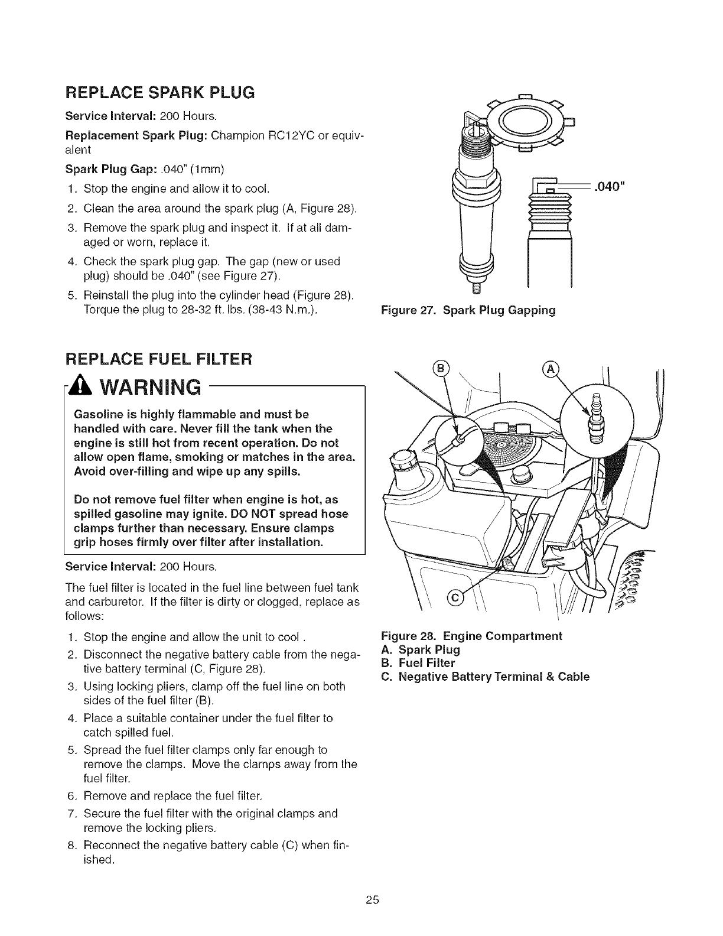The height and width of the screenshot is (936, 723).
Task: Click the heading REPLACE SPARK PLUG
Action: [159, 92]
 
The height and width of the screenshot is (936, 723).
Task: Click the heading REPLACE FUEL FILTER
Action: [159, 359]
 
